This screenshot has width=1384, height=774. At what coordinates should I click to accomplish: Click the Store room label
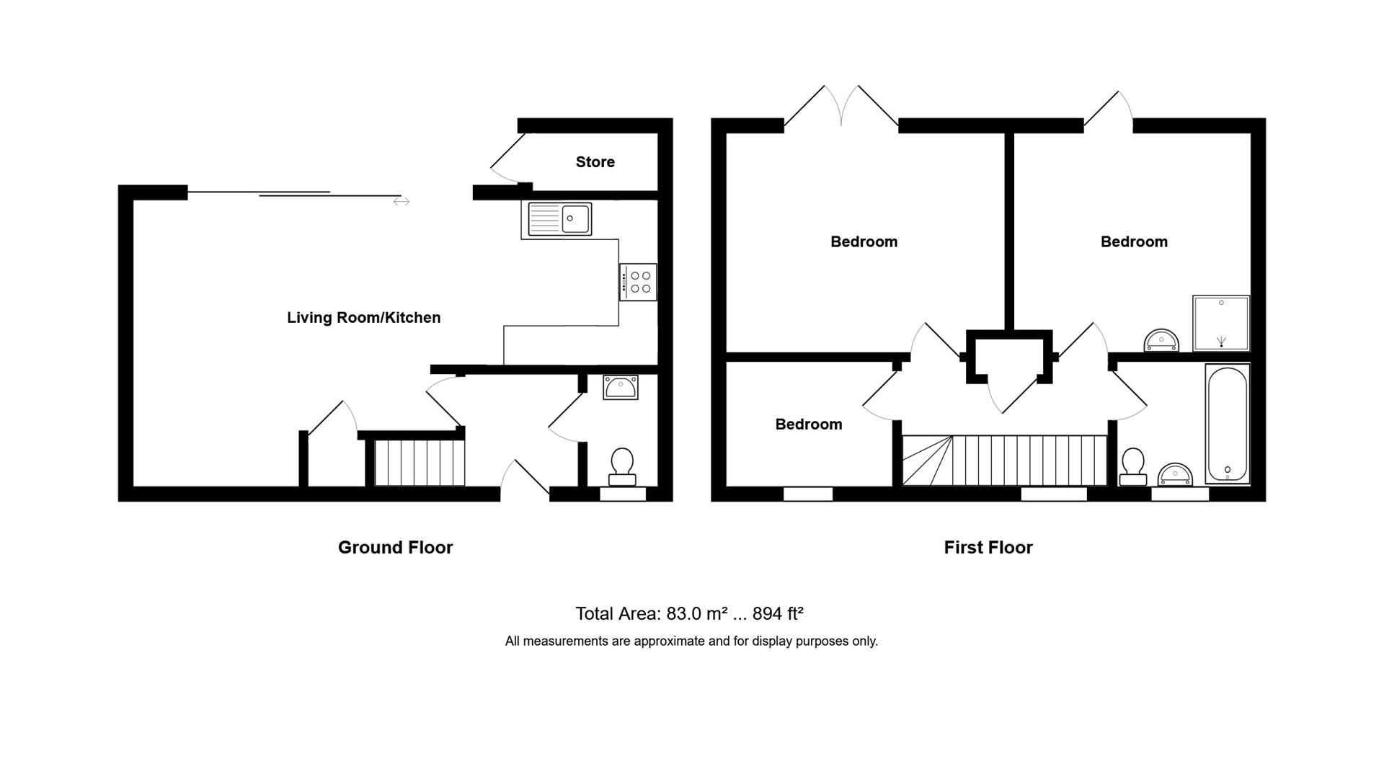click(x=595, y=162)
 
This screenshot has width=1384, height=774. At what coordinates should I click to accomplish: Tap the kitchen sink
click(x=559, y=218)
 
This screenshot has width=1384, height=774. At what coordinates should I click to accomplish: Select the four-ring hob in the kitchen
click(x=638, y=282)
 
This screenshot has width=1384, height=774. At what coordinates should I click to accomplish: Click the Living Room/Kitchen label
click(x=363, y=318)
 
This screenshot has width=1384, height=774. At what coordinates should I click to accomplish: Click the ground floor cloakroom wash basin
click(x=620, y=388)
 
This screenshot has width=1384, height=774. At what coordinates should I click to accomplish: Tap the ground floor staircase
click(x=419, y=462)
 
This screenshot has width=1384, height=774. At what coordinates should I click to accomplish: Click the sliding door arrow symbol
click(x=402, y=202)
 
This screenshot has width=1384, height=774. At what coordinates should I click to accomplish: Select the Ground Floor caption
click(x=395, y=548)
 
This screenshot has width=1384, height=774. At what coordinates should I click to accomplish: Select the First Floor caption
click(x=988, y=548)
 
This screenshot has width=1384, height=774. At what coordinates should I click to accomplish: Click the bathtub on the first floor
click(x=1226, y=424)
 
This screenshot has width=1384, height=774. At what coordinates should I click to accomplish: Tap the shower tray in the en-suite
click(x=1220, y=322)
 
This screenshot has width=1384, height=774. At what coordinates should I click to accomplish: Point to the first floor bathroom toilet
click(x=1132, y=467)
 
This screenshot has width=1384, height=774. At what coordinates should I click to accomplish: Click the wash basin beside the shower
click(x=1161, y=340)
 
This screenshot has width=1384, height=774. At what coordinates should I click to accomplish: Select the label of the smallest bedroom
click(x=808, y=424)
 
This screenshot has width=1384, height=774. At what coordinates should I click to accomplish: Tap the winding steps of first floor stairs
click(x=926, y=461)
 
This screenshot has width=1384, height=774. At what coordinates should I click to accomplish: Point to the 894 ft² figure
click(x=778, y=614)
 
